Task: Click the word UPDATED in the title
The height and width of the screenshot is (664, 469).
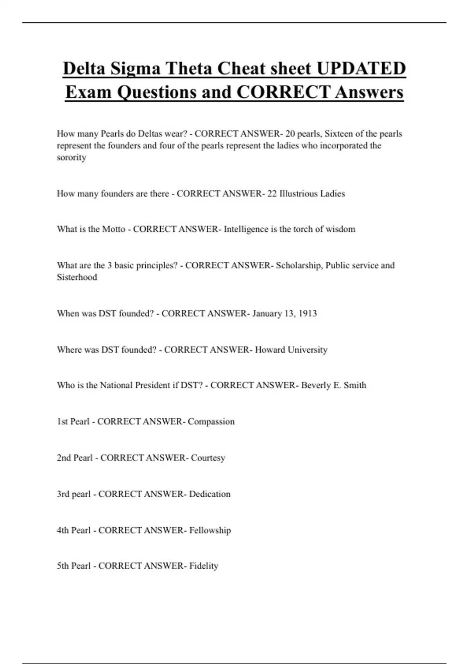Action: pyautogui.click(x=361, y=68)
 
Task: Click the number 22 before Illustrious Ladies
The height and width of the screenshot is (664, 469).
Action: pyautogui.click(x=272, y=194)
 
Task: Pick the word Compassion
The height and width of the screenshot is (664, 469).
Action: pyautogui.click(x=211, y=422)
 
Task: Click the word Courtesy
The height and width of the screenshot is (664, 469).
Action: pyautogui.click(x=208, y=458)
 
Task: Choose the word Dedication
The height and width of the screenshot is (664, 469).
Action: pyautogui.click(x=209, y=494)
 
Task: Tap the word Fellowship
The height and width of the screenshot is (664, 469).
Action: pyautogui.click(x=210, y=530)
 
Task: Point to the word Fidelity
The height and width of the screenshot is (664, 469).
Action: pyautogui.click(x=204, y=566)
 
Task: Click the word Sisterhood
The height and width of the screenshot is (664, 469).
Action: pyautogui.click(x=77, y=277)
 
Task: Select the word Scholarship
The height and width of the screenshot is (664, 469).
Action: pyautogui.click(x=299, y=266)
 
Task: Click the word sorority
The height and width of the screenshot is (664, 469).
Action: pyautogui.click(x=72, y=157)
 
